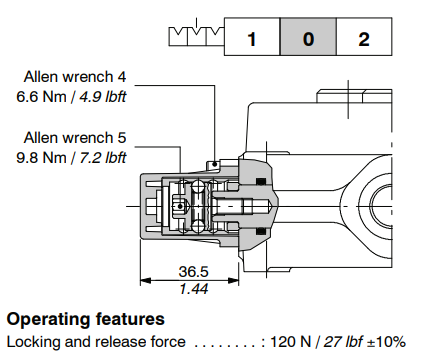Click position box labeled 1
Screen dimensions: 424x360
point(252,37)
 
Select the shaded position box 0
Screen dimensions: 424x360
point(308,37)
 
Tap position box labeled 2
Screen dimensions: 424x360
point(364,37)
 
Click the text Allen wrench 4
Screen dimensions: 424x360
point(75,77)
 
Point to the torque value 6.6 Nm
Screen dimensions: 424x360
point(41,97)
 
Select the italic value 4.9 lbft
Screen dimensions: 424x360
point(103,97)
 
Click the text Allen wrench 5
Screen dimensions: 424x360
point(75,137)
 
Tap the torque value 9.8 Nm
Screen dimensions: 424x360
point(41,157)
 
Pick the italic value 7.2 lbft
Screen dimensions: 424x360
point(103,157)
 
